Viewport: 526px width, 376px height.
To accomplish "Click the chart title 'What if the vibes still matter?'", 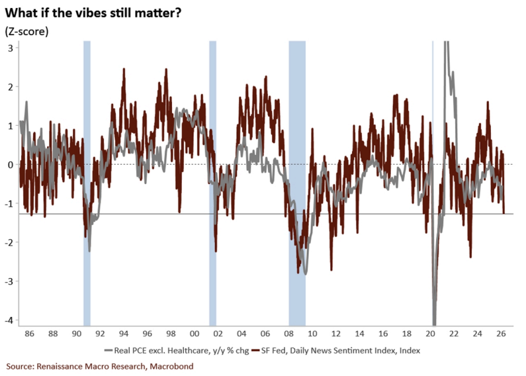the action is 93,13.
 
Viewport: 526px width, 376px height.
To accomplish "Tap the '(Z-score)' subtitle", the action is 27,31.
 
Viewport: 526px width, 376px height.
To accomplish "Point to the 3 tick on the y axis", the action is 11,48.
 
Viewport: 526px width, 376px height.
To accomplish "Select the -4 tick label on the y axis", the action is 9,320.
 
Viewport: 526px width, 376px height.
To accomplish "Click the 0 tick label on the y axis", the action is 11,164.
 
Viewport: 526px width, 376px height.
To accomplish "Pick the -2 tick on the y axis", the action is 9,242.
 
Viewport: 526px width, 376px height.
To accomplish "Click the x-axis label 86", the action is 29,334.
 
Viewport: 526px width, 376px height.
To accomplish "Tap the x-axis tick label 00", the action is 195,334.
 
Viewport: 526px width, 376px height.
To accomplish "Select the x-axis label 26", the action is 501,334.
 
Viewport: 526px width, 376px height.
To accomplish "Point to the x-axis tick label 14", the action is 359,334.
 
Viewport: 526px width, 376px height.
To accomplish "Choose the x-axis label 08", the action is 288,334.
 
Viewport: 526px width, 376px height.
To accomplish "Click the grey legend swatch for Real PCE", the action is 109,351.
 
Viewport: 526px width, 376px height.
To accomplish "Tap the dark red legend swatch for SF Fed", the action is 255,351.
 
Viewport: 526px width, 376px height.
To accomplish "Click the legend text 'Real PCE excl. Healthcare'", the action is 161,351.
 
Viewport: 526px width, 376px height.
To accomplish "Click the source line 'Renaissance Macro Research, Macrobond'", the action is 114,366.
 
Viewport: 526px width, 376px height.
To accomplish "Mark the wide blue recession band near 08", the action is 297,183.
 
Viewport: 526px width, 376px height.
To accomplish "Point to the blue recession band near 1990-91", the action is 87,183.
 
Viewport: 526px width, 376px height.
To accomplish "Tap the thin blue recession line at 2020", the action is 433,183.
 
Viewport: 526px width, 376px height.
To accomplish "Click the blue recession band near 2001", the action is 212,183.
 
